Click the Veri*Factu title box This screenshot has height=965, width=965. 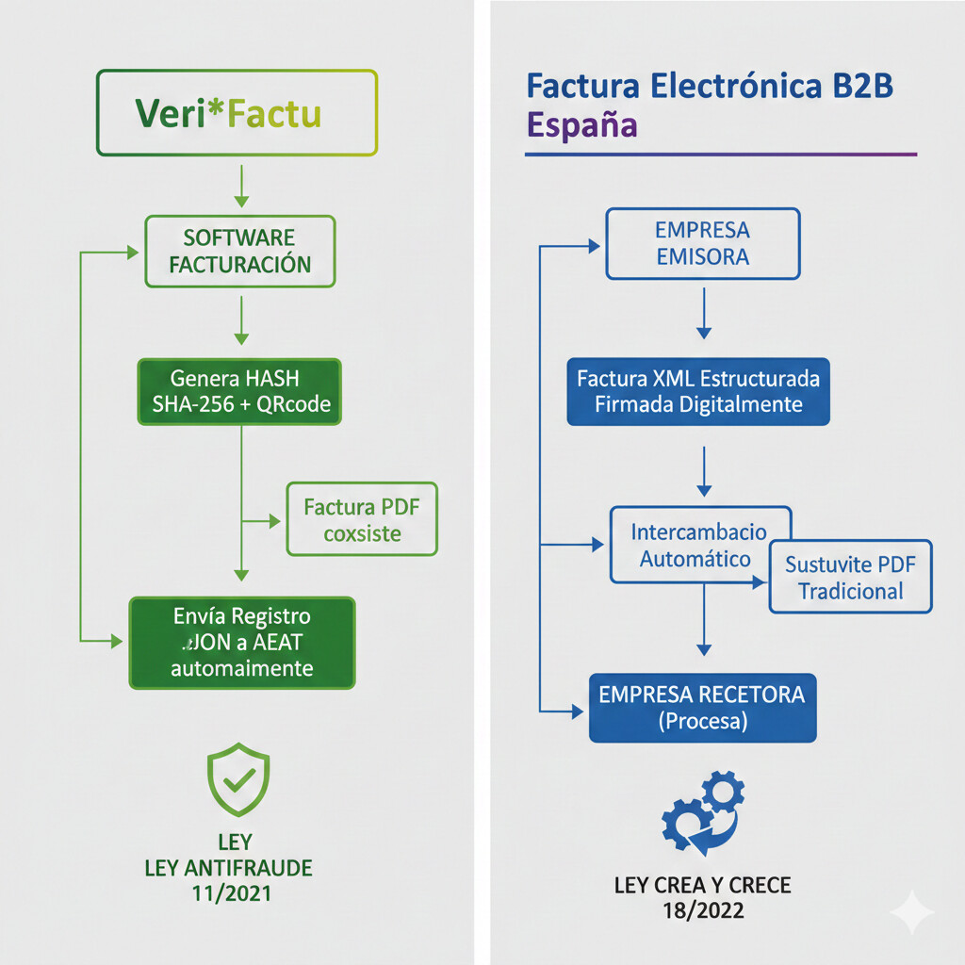237,113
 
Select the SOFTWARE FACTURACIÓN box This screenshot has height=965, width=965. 239,251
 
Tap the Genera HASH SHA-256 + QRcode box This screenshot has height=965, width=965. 239,391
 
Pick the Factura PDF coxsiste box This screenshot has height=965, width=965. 362,520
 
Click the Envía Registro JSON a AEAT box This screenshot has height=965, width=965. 242,642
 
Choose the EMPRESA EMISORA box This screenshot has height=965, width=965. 702,243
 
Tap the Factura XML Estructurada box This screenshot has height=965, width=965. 698,391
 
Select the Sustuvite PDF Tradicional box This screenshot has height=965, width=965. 850,577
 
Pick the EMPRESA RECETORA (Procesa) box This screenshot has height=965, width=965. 702,708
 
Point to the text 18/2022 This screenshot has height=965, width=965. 703,910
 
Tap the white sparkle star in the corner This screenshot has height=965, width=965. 912,911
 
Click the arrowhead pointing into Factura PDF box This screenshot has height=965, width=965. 275,520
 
